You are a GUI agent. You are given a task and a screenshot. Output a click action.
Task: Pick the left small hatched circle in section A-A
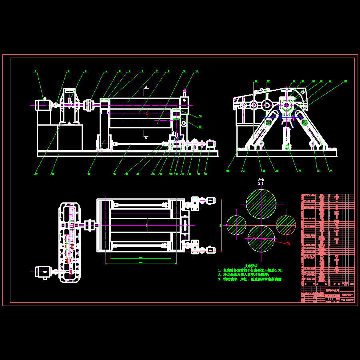(236, 225)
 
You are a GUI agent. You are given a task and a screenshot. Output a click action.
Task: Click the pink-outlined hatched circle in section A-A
(286, 225)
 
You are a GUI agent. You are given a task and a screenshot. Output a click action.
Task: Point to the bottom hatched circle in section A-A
(261, 238)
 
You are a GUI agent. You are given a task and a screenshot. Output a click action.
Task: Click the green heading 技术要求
(251, 266)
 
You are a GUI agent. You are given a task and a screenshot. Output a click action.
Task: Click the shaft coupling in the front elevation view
(90, 105)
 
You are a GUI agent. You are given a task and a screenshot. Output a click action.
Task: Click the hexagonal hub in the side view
(287, 106)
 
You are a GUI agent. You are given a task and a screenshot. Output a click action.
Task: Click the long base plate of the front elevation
(127, 153)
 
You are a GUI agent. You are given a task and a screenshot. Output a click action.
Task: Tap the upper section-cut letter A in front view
(146, 87)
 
